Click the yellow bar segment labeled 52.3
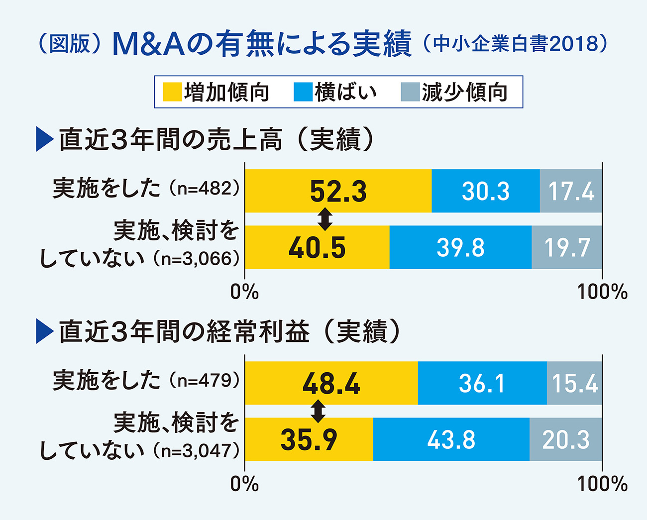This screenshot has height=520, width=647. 338,191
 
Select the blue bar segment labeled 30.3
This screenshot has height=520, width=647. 485,191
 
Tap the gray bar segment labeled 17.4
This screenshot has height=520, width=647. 571,191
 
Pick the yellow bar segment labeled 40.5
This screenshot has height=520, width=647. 317,247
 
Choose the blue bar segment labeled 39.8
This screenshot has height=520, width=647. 460,247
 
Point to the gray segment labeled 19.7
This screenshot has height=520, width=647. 567,247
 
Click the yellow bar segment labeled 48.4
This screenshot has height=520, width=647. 331,383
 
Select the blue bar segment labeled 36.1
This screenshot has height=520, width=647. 482,383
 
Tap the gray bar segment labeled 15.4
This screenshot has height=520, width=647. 574,383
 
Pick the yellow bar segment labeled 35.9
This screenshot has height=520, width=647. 309,439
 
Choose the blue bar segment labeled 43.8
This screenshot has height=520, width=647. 451,439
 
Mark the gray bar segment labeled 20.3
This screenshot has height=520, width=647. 566,439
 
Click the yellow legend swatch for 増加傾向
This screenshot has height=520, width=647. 172,92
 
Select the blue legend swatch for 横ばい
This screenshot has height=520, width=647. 303,92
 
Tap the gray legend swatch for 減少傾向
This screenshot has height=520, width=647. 410,92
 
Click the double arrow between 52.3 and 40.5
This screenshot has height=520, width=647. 325,219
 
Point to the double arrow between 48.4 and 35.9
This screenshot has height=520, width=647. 318,411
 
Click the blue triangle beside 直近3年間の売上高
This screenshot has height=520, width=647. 44,140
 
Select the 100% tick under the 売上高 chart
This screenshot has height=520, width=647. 602,292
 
